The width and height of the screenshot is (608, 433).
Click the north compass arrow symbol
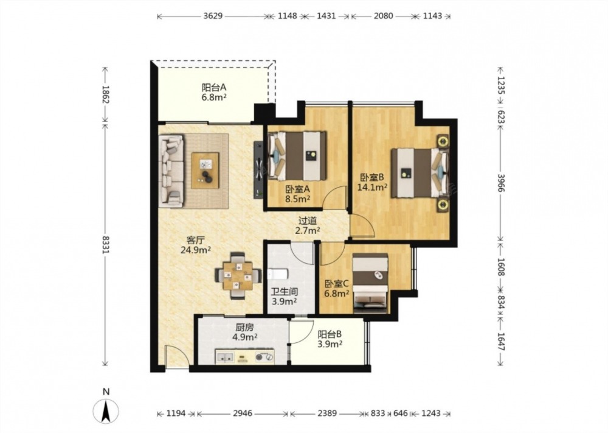pyautogui.click(x=106, y=411)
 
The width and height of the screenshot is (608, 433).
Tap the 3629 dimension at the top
pyautogui.click(x=213, y=16)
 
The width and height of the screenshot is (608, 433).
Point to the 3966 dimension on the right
pyautogui.click(x=500, y=183)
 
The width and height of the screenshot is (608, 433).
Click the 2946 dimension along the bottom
pyautogui.click(x=243, y=413)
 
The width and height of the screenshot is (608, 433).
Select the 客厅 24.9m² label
pyautogui.click(x=195, y=245)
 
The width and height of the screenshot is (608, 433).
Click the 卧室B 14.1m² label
pyautogui.click(x=372, y=183)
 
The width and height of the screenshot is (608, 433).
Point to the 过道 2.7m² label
pyautogui.click(x=308, y=225)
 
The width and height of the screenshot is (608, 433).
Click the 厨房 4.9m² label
pyautogui.click(x=244, y=333)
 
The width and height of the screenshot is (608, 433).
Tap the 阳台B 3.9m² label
pyautogui.click(x=329, y=339)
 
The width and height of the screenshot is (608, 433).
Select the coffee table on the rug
pyautogui.click(x=205, y=171)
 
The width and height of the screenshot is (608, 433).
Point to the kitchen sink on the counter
pyautogui.click(x=224, y=356)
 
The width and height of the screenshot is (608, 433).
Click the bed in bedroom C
pyautogui.click(x=371, y=283)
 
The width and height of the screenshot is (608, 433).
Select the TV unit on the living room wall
pyautogui.click(x=258, y=169)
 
